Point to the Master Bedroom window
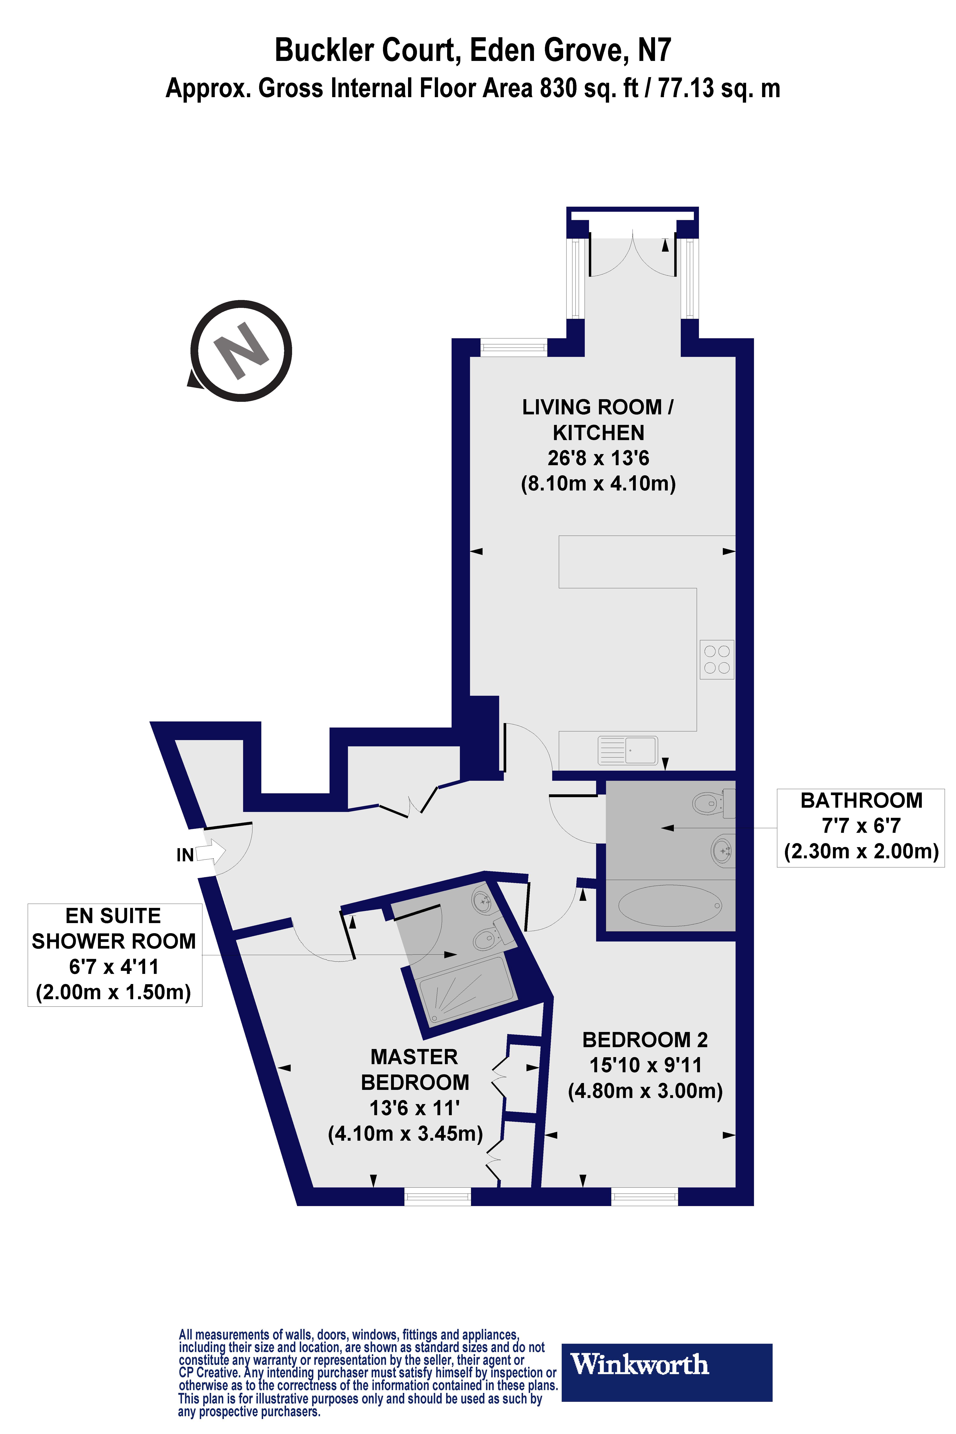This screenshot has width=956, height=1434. click(x=438, y=1196)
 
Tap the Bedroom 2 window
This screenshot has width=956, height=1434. click(x=644, y=1196)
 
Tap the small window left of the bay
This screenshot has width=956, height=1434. click(x=513, y=348)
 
